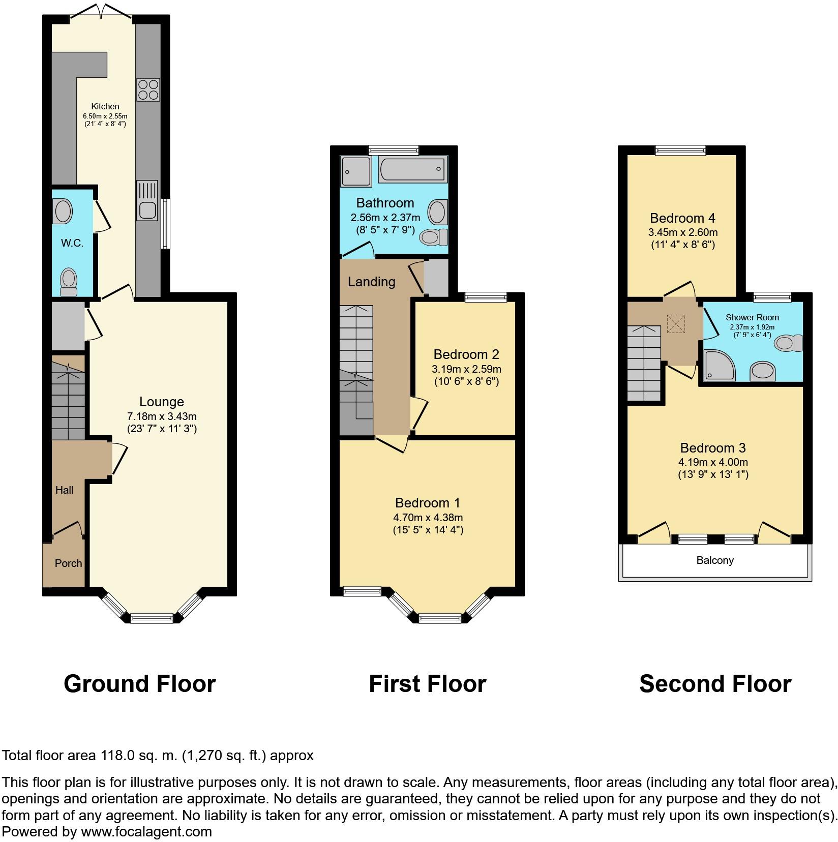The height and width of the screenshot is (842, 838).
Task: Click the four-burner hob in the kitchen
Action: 148,90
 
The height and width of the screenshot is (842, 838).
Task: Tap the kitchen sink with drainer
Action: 147,201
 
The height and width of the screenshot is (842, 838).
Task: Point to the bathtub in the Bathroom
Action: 413,169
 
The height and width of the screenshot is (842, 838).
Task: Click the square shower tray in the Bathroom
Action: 356,171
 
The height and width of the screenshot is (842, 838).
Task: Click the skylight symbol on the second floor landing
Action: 676,324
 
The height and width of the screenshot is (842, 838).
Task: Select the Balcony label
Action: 715,560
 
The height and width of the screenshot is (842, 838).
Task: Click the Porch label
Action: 69,563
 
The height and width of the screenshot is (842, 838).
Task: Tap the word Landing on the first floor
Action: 371,282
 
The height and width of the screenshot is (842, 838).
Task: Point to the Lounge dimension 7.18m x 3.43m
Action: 162,416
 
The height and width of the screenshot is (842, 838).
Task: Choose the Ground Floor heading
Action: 140,684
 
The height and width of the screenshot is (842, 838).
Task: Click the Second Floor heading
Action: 715,684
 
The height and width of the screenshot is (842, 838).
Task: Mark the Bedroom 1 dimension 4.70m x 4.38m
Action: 428,518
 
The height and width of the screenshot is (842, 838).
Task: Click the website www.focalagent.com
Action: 146,832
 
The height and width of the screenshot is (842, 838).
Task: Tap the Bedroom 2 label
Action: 466,354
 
